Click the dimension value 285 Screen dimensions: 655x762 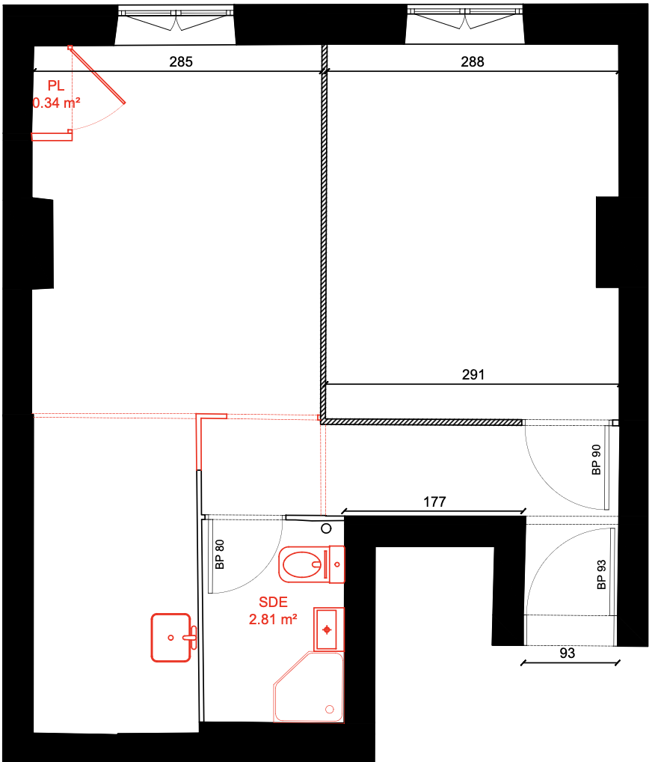coord(181,61)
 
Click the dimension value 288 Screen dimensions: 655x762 coord(473,61)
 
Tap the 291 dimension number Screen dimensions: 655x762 coord(473,375)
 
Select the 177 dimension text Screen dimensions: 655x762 coord(434,502)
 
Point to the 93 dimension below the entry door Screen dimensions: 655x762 coord(567,653)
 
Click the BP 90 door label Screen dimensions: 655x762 coord(597,460)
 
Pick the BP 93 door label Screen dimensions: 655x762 coord(602,575)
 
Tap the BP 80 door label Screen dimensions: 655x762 coord(220,554)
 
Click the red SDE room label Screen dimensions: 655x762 coord(273,602)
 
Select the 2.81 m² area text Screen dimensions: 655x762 coord(273,620)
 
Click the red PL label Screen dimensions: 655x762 coord(56,86)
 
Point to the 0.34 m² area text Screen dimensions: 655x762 coord(56,103)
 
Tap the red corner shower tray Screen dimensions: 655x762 coord(309,687)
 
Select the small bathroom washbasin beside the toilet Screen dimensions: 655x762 coord(329,630)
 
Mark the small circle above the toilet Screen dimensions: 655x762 coord(326,528)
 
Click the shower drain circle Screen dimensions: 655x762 coord(330,709)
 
